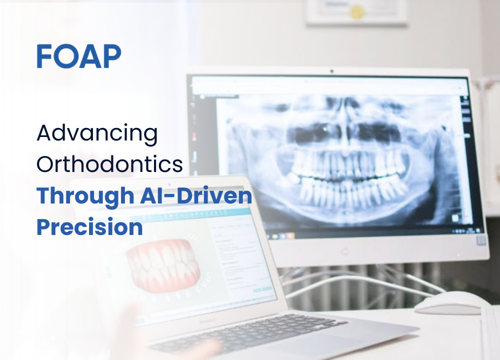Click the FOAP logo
pyautogui.click(x=78, y=56)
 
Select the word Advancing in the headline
pyautogui.click(x=97, y=134)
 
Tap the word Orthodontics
pyautogui.click(x=109, y=164)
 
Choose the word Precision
pyautogui.click(x=89, y=227)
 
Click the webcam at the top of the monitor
pyautogui.click(x=331, y=71)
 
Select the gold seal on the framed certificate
pyautogui.click(x=357, y=12)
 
